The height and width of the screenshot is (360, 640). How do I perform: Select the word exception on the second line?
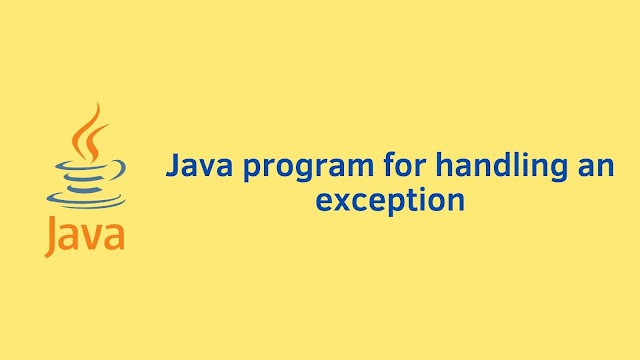(x=391, y=200)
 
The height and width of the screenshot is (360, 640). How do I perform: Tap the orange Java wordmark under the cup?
(x=84, y=236)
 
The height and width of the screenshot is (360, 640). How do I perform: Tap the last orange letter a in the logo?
(x=113, y=239)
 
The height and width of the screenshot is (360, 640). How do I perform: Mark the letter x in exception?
(x=342, y=199)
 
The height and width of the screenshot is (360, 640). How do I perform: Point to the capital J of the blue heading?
(x=173, y=164)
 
